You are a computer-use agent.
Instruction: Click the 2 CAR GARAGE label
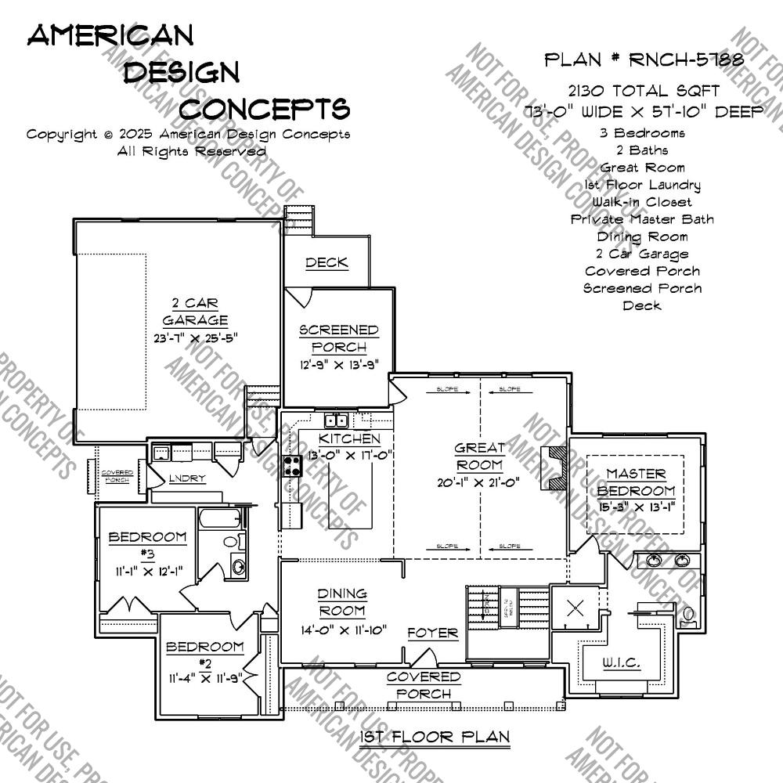pos(195,312)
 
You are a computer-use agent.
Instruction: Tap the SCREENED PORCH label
pos(338,338)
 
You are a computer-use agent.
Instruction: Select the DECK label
pos(327,263)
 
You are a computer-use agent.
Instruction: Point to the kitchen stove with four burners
pos(292,466)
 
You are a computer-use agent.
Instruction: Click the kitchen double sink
pos(337,420)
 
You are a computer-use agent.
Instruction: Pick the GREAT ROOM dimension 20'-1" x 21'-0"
pos(480,483)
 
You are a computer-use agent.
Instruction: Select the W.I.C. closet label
pos(621,663)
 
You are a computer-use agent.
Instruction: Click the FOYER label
pos(432,633)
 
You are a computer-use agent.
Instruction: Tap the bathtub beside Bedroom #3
pos(222,518)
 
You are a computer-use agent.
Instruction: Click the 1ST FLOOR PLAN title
pos(435,737)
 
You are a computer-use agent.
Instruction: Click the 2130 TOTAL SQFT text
pos(640,92)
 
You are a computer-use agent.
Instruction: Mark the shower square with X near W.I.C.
pos(576,608)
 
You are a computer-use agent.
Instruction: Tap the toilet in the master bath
pos(690,615)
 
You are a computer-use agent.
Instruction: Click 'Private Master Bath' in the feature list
pos(642,219)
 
